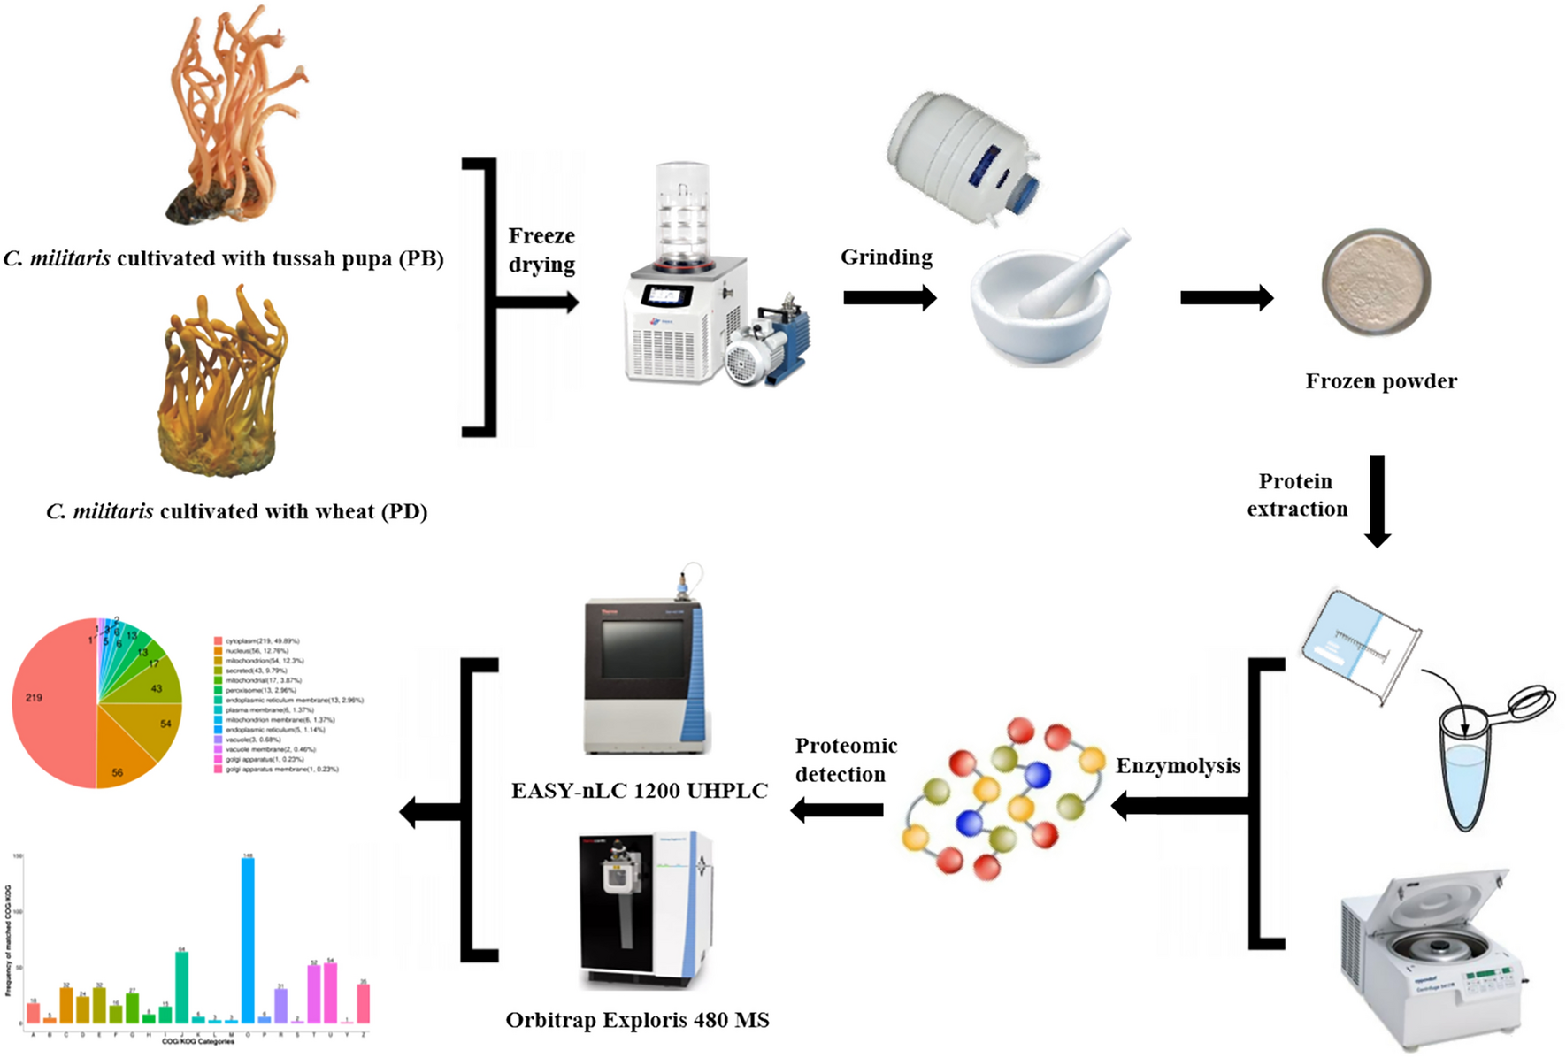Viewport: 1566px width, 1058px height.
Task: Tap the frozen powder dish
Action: [1376, 282]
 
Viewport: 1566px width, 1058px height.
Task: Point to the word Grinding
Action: [886, 257]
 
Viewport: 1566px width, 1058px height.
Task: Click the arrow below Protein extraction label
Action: [1378, 501]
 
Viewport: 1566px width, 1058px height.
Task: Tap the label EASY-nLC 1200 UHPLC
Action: [639, 791]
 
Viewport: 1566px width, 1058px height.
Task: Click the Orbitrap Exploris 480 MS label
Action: [637, 1020]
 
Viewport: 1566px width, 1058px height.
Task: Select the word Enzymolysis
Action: [1178, 766]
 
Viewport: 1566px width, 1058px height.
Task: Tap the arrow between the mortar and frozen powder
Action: [1226, 298]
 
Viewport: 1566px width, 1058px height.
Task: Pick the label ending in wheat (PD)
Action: [237, 511]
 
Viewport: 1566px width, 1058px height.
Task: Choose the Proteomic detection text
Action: [845, 760]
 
